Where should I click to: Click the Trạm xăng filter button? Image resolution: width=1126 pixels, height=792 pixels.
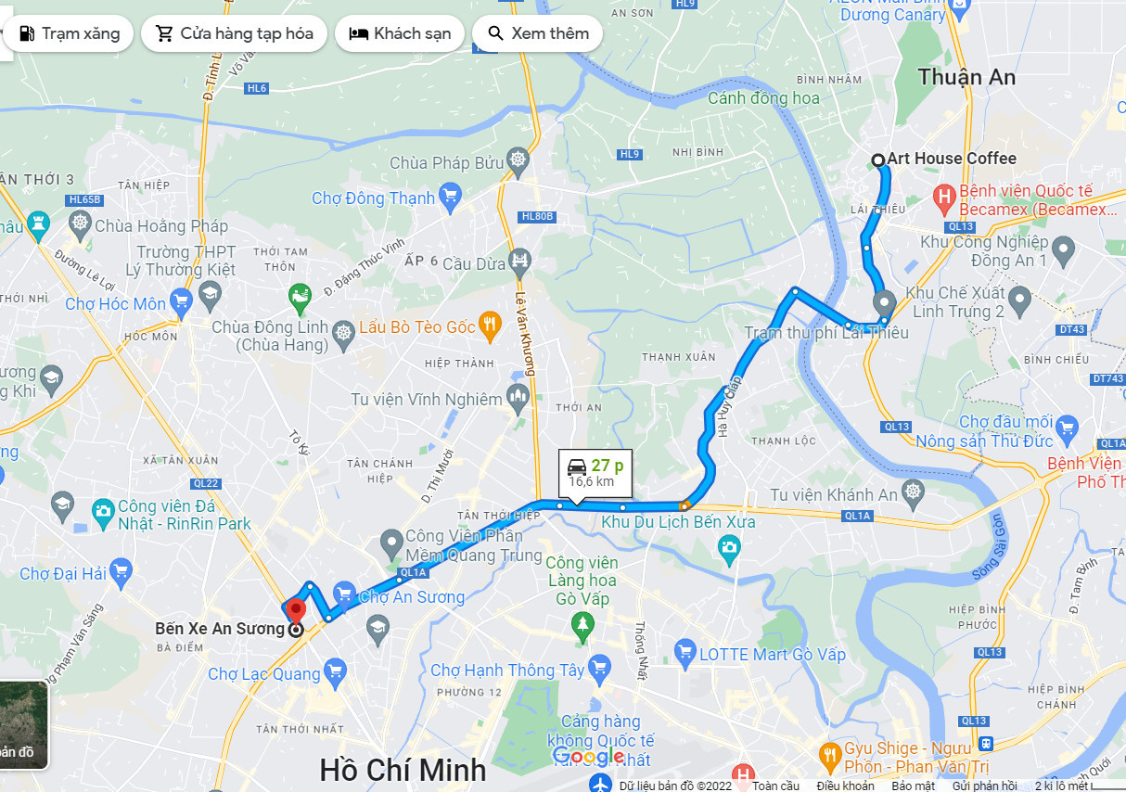[70, 33]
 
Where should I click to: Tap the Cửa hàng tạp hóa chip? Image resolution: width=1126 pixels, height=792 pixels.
[234, 33]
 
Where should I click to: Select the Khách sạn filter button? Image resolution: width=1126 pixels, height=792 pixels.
[400, 33]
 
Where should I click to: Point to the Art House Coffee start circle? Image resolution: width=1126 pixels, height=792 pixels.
[878, 160]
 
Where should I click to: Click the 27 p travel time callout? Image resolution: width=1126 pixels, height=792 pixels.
[595, 472]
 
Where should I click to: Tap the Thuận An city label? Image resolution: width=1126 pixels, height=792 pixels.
[966, 77]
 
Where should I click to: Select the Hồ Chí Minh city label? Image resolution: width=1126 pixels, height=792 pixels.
[403, 770]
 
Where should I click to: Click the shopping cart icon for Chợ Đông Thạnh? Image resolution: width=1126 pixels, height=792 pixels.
[451, 195]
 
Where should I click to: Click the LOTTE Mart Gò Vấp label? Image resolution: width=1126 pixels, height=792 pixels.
[773, 654]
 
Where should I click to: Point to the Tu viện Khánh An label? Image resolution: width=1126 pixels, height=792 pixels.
[834, 494]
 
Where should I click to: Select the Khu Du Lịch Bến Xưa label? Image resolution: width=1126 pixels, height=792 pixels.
[678, 522]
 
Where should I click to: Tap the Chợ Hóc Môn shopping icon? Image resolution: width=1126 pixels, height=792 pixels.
[182, 299]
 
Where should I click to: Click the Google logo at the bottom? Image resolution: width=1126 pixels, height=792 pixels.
[588, 757]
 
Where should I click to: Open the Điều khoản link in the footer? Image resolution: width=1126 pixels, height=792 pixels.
[845, 786]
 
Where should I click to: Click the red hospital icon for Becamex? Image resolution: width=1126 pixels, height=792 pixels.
[944, 196]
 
